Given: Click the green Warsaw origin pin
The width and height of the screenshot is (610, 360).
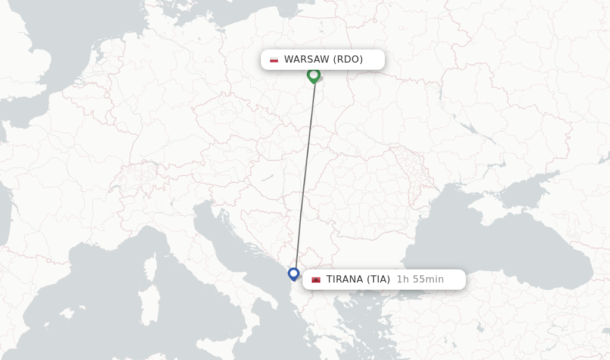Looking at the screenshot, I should pos(313,75).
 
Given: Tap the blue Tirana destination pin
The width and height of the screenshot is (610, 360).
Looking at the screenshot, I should pos(293,274).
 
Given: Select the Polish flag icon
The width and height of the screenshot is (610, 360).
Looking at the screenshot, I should pos(274,60).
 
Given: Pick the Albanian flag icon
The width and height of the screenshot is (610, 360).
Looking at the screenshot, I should pos(316,280).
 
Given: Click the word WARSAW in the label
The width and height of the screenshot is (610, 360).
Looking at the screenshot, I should pos(306,60).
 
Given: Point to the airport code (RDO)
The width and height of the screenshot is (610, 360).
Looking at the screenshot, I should pos(348,60).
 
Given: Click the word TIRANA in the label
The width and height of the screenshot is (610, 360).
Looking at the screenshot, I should pos(344,280).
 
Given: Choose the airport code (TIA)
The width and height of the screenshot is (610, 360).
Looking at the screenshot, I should pos(378,280).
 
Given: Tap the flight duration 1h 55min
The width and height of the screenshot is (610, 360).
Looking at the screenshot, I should pos(420,280).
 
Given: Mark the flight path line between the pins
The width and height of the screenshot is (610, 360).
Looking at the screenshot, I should pos(305,173).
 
